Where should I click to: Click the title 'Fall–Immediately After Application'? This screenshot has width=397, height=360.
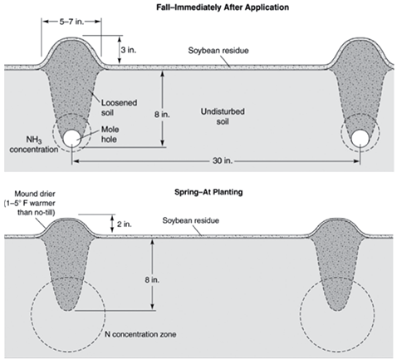(x=223, y=7)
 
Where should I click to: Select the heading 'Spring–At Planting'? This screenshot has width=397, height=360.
(x=208, y=192)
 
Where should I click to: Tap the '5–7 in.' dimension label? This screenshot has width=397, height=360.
(x=71, y=22)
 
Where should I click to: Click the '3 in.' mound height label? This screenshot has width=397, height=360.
(x=129, y=50)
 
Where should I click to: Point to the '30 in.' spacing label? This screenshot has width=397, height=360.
(x=223, y=160)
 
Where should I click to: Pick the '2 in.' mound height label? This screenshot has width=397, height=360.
(x=124, y=224)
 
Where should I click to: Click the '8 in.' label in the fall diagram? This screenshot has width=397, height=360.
(x=162, y=114)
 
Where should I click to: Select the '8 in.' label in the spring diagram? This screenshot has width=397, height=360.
(x=152, y=279)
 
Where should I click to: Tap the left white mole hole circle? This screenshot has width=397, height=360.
(x=72, y=138)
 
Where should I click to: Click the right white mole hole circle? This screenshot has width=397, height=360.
(x=360, y=138)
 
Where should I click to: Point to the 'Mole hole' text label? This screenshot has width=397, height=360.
(x=109, y=135)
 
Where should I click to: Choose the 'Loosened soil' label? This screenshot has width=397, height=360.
(x=119, y=107)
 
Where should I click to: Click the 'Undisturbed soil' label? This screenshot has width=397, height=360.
(x=223, y=116)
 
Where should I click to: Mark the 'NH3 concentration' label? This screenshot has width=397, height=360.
(x=34, y=145)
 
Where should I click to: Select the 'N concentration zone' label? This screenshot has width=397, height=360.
(x=140, y=334)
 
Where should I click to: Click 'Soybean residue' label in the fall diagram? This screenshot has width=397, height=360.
(x=218, y=51)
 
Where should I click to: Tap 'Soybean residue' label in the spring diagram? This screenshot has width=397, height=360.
(x=191, y=220)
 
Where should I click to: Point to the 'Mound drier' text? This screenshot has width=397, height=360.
(x=35, y=194)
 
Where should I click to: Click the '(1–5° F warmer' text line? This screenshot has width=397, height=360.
(x=29, y=204)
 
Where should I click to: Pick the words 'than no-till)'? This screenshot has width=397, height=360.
(x=37, y=213)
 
